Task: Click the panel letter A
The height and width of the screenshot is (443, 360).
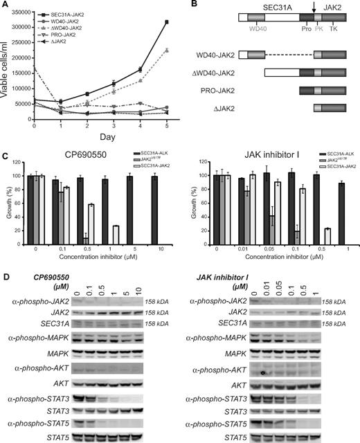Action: tap(5, 6)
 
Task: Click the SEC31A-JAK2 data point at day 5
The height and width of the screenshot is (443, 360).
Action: tap(166, 22)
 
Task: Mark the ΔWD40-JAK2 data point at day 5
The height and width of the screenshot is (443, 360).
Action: tap(166, 50)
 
